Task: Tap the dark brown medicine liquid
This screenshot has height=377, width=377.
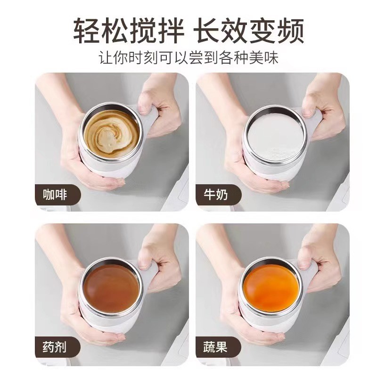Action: [111, 287]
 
